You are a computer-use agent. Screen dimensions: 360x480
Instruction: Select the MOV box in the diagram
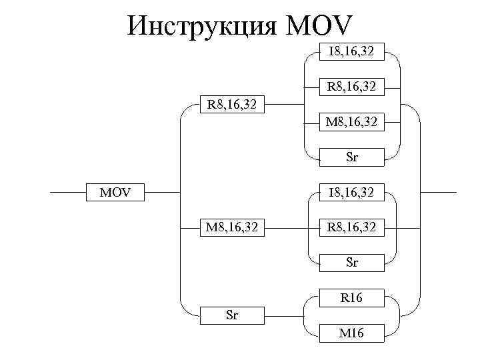click(x=116, y=193)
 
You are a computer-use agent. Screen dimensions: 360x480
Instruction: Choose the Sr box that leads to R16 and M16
click(x=232, y=315)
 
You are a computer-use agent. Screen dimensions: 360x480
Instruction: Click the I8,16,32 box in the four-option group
click(x=351, y=50)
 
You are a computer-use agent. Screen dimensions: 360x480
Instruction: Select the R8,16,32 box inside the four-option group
click(x=351, y=86)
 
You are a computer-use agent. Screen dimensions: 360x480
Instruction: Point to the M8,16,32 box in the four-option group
click(x=351, y=122)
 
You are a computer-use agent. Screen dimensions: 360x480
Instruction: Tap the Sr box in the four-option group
click(x=351, y=157)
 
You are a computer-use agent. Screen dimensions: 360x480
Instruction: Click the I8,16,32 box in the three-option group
click(x=351, y=193)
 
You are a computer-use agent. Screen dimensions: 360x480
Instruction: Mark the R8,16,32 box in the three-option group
click(x=351, y=228)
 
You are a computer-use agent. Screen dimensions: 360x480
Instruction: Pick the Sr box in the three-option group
click(x=351, y=263)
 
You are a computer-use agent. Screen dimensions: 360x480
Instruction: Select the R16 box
click(x=351, y=298)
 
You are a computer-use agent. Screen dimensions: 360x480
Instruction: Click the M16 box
click(x=351, y=333)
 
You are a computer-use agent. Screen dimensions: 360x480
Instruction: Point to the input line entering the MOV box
click(x=70, y=193)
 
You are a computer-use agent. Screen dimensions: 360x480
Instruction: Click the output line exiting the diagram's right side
click(x=440, y=192)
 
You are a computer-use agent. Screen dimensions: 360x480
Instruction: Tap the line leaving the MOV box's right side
click(x=164, y=193)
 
